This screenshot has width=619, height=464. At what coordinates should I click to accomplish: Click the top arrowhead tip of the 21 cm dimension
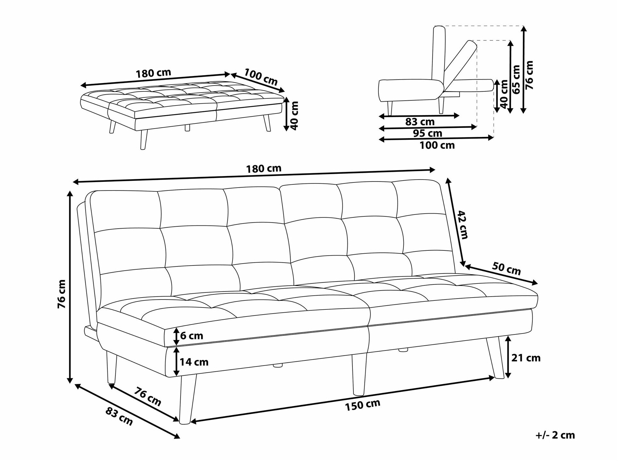coord(508,336)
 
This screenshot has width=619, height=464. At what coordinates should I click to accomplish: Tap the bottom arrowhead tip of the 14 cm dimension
coord(176,376)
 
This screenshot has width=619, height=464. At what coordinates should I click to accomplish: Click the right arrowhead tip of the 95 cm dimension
coord(477,127)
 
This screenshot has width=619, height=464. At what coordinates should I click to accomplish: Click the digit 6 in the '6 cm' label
coord(183,336)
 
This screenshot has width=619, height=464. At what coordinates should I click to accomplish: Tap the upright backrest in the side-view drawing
coord(439,58)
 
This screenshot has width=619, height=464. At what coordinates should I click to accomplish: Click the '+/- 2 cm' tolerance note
coord(555,435)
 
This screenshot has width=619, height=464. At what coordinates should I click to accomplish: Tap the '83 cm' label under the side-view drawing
coord(420,122)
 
